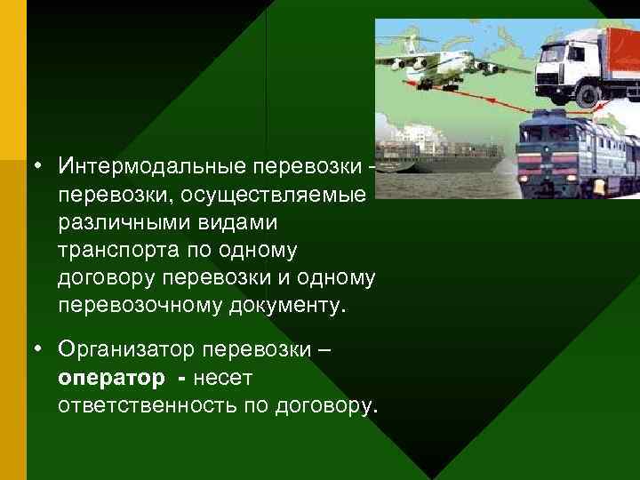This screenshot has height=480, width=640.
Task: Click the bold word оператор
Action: coord(111,378)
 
